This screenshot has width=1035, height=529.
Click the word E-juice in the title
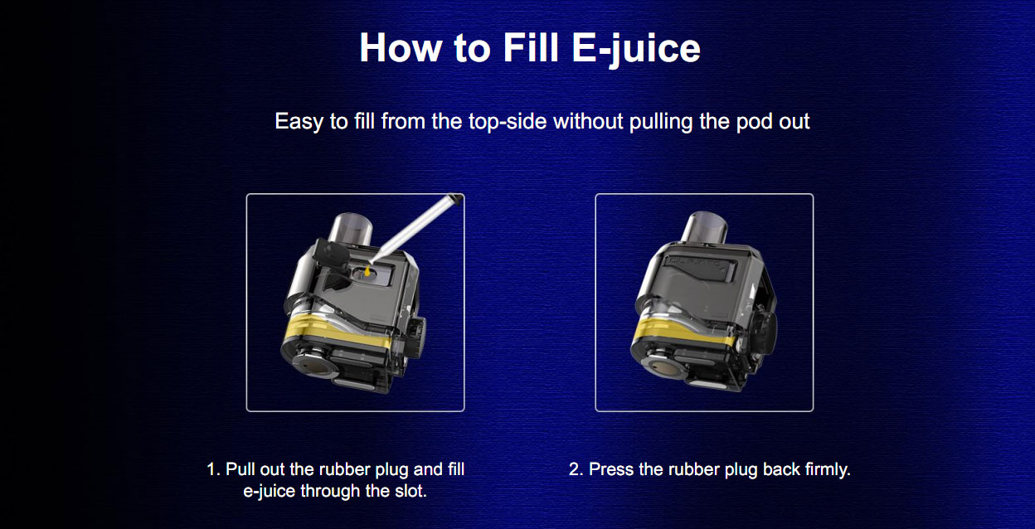tap(636, 49)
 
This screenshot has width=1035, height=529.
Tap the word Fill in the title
tap(531, 47)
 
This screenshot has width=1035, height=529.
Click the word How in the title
tap(401, 47)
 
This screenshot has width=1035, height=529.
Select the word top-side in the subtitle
tap(508, 122)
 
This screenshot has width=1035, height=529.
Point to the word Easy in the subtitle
tap(299, 122)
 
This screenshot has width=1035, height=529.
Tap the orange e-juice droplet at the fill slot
tap(367, 271)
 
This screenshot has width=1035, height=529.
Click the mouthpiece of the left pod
tap(350, 229)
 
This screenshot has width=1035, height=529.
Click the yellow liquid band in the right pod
tap(685, 332)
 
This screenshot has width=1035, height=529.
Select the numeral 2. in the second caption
tap(576, 469)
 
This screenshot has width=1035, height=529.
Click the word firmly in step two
tap(827, 470)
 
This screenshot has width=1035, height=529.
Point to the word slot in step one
tap(411, 491)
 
